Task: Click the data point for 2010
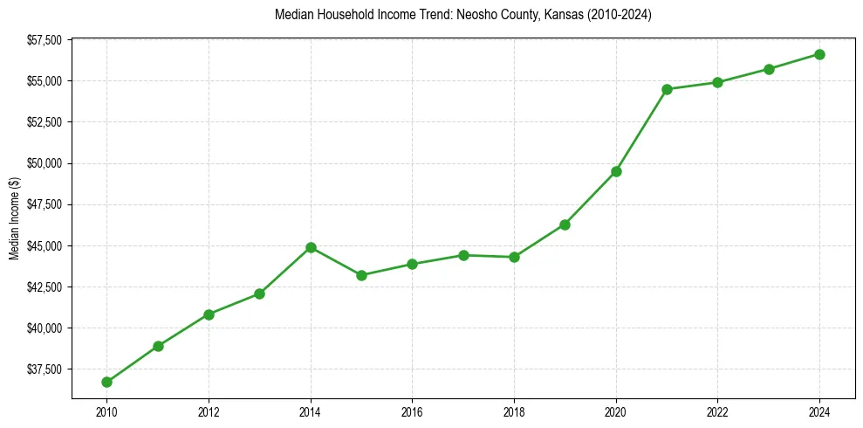(x=106, y=382)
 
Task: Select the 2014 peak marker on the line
(x=311, y=247)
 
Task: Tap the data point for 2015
(x=361, y=275)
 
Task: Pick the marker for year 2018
(x=514, y=257)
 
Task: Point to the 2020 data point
(x=616, y=171)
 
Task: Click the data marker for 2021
(x=667, y=89)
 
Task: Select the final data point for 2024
(x=819, y=54)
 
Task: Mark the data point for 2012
(x=209, y=314)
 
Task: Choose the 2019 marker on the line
(x=565, y=224)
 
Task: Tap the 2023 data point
(x=769, y=69)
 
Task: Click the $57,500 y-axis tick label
(x=44, y=40)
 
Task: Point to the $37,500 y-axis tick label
(x=44, y=369)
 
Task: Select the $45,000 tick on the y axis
(x=44, y=246)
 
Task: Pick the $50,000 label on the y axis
(x=44, y=163)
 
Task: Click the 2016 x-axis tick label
(x=412, y=411)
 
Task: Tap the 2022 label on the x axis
(x=717, y=411)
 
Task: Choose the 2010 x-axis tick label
(x=106, y=411)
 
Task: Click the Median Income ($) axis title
(x=14, y=218)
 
